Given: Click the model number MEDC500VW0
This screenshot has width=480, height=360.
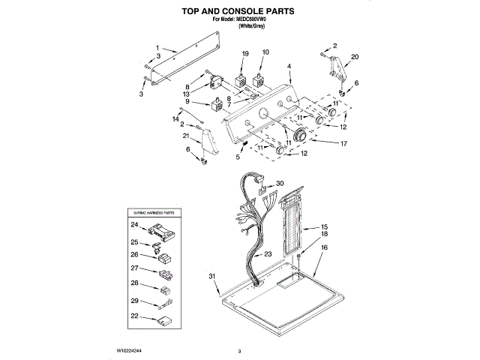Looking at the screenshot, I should [x=250, y=19].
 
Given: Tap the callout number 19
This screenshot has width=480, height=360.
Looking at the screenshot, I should [x=244, y=53].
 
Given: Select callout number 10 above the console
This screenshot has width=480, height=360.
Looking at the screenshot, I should [x=265, y=52].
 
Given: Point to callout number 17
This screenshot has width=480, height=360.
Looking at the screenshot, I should [x=344, y=143].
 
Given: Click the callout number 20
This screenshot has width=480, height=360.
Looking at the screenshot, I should [x=355, y=57].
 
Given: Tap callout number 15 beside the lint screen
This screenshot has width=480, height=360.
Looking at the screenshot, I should [x=325, y=227].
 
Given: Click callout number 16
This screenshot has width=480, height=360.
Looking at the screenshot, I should [x=325, y=247].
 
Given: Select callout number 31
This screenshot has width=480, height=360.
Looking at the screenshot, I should [x=213, y=276].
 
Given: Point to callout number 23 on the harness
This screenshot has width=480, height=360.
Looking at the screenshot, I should [x=268, y=255].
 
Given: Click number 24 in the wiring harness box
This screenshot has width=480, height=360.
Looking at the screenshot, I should [x=134, y=225].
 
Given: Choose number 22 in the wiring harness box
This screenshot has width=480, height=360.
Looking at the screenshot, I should [x=134, y=317].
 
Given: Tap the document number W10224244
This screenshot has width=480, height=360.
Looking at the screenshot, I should [x=130, y=350].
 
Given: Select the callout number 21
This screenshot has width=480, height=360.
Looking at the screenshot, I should [x=186, y=136].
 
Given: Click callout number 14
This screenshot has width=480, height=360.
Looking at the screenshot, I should [x=176, y=119].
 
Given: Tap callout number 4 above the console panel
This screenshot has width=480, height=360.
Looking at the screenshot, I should [x=289, y=67].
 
